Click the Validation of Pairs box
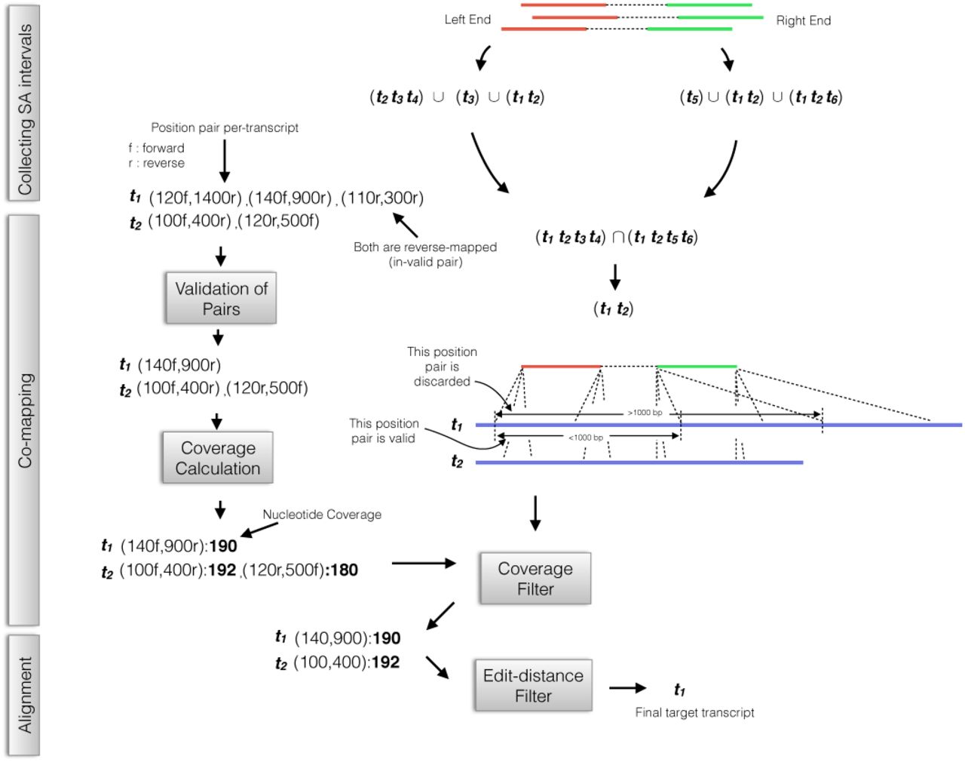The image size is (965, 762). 221,299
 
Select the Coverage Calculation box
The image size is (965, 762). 218,458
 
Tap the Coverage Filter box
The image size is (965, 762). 535,579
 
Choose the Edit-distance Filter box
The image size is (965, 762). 533,686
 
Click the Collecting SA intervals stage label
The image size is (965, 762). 24,109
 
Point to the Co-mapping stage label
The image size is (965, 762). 24,420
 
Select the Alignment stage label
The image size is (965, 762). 24,695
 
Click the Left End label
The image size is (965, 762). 467,20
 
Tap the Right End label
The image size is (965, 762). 804,21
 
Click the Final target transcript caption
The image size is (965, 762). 694,712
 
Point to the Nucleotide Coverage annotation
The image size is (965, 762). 322,515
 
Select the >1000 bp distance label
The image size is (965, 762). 645,413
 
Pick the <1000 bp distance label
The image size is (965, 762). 586,438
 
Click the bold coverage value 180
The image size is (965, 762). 343,570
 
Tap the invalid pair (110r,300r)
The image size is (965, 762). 382,198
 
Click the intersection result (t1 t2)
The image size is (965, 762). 614,309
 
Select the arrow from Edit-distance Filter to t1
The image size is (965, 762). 627,688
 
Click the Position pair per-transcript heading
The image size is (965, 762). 225,128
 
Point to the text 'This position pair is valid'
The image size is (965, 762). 384,431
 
